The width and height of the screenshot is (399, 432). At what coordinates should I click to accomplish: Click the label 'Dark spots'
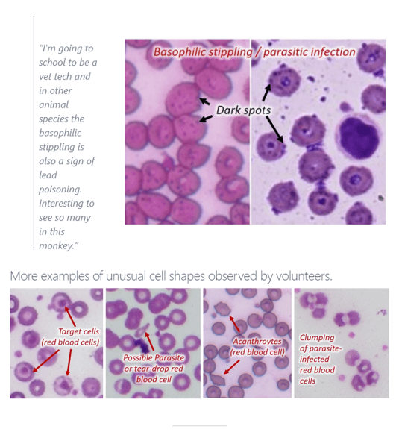coord(243,110)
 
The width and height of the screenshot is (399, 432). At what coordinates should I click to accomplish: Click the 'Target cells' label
coord(78,331)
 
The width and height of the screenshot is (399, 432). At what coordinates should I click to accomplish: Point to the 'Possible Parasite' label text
coord(153,358)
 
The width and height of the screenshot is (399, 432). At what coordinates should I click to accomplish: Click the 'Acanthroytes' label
coord(257,342)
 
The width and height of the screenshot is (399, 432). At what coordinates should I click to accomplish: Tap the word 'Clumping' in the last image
coord(316,338)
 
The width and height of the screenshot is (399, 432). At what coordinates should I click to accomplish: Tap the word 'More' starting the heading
coord(23,276)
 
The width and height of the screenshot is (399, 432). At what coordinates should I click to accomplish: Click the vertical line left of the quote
coord(34,134)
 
